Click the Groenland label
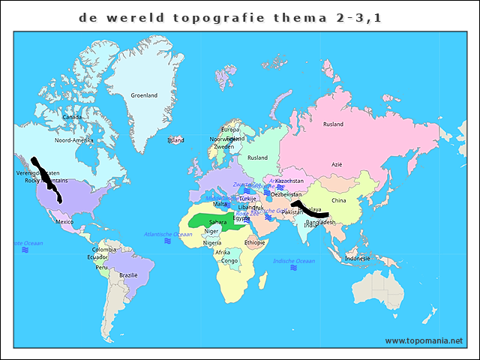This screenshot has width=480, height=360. point(144,96)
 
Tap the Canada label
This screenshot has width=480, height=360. point(72,117)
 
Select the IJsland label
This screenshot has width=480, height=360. point(175,140)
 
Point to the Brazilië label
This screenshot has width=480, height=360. point(128,275)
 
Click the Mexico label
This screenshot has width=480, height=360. point(64,222)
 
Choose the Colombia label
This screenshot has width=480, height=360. point(104,250)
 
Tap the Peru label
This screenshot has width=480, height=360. point(101,268)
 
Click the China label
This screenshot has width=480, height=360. point(338,201)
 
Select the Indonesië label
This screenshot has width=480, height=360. point(357,259)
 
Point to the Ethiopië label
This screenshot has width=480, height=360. point(255,242)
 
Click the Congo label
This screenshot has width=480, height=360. point(229,261)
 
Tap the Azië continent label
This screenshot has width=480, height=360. point(337,164)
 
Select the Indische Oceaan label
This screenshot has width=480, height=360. point(292,260)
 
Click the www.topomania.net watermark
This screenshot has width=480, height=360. point(424,340)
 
